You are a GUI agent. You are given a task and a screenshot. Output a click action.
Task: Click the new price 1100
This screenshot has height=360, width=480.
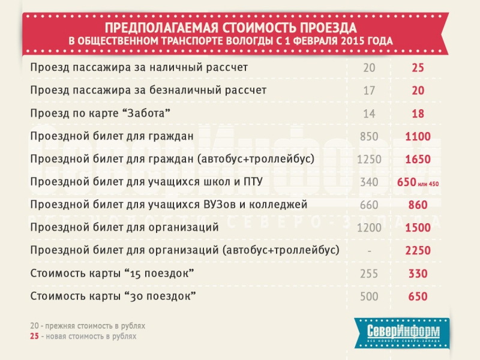tap(418, 137)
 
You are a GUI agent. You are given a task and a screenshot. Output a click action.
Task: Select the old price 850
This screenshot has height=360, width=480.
tap(369, 137)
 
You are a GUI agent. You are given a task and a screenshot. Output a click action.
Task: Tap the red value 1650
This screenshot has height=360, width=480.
tap(418, 160)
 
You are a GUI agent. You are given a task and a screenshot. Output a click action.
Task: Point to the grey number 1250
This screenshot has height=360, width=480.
tap(369, 160)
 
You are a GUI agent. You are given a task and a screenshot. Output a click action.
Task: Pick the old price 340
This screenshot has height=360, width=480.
tap(369, 182)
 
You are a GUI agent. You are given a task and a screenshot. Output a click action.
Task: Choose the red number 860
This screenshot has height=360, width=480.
tap(418, 205)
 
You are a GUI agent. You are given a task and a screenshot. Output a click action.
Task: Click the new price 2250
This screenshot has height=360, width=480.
tap(418, 251)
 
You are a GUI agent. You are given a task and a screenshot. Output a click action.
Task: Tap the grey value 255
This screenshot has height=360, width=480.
tap(369, 274)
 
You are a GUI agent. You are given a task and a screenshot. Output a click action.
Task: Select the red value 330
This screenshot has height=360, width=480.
tap(418, 274)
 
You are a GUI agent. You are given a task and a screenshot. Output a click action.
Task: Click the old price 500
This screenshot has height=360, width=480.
tap(369, 297)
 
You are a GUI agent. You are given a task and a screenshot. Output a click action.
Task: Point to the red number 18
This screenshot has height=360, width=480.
tap(418, 113)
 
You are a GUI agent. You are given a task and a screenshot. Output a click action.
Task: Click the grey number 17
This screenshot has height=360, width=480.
tap(369, 91)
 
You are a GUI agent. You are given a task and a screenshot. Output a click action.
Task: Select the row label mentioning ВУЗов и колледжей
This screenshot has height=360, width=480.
tap(169, 205)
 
